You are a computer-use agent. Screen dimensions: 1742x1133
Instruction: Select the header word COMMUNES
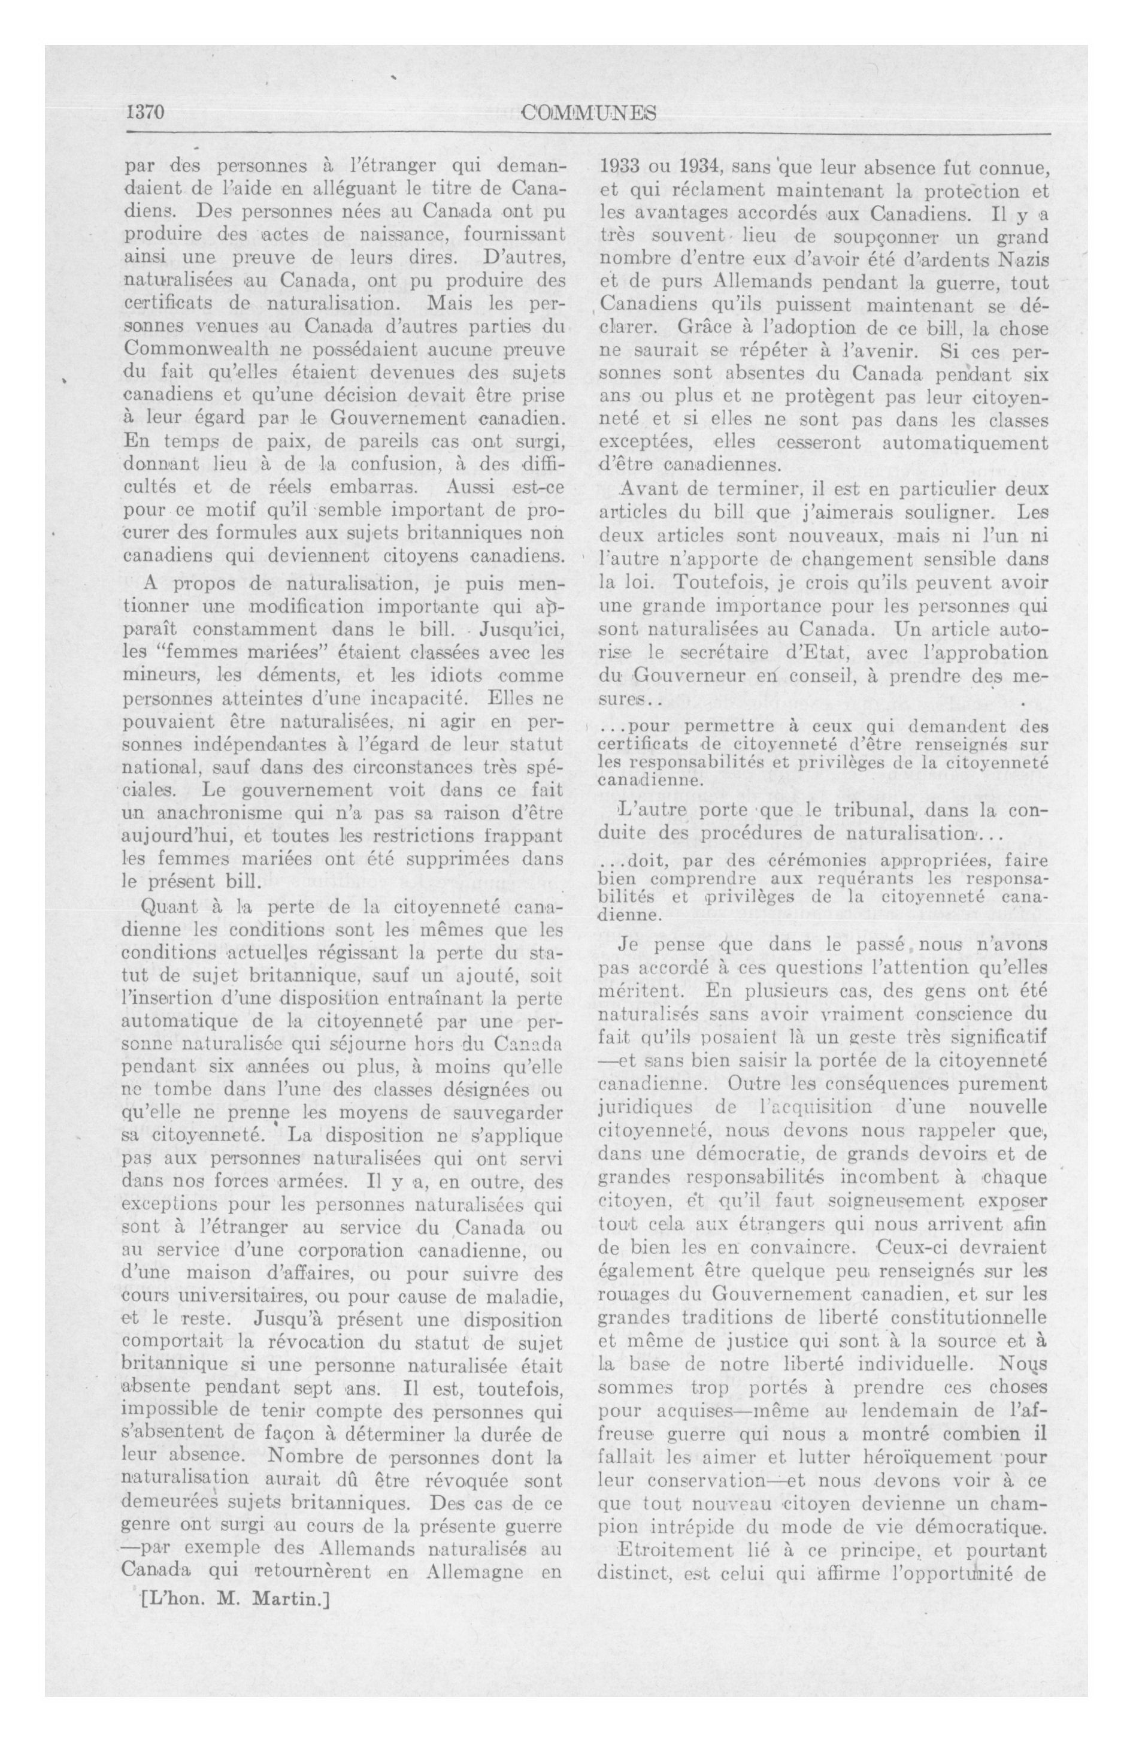pos(589,113)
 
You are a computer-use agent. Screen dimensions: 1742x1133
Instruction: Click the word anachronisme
pos(201,813)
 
